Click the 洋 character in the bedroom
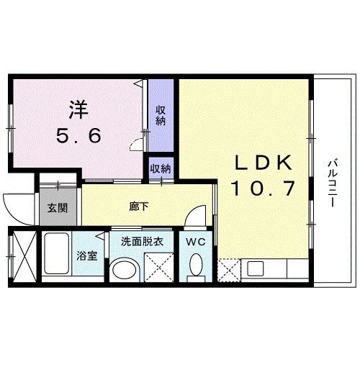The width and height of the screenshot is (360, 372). click(x=78, y=109)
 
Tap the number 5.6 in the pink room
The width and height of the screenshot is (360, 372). click(x=78, y=135)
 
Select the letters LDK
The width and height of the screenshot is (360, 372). click(x=264, y=163)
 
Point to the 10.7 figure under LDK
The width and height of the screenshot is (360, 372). click(x=263, y=189)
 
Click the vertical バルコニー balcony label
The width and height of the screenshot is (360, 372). click(x=333, y=183)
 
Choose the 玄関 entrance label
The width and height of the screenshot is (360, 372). click(x=58, y=208)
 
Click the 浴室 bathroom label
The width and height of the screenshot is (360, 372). click(x=87, y=255)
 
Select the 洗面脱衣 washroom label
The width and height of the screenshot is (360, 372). click(x=142, y=242)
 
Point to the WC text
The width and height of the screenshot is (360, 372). click(x=196, y=242)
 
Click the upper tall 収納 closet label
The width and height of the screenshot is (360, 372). click(x=161, y=115)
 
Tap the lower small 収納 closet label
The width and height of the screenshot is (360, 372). click(x=161, y=169)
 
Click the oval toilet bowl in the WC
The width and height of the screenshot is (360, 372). click(x=196, y=265)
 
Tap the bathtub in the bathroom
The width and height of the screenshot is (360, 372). click(x=57, y=253)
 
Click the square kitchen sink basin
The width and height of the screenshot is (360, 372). click(x=256, y=268)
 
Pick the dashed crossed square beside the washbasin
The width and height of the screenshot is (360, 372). click(x=159, y=267)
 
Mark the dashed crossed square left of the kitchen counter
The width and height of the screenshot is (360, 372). click(x=229, y=270)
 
